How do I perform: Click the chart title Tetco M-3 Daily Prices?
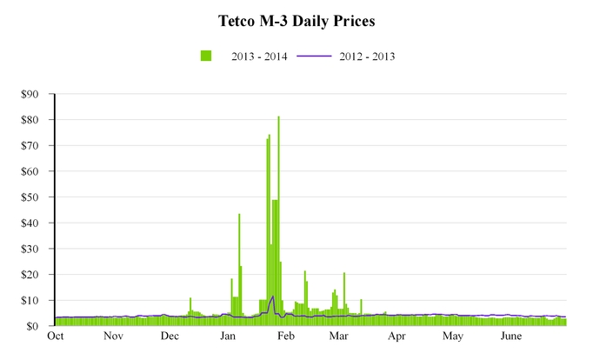(x=296, y=19)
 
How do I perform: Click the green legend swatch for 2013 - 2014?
(x=206, y=57)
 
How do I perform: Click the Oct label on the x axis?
(x=56, y=337)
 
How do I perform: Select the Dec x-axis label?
(x=170, y=337)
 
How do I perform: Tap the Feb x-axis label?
(x=286, y=337)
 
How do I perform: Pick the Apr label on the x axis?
(x=396, y=337)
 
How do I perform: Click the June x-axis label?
(x=511, y=337)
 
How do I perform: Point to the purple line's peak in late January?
(x=273, y=297)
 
